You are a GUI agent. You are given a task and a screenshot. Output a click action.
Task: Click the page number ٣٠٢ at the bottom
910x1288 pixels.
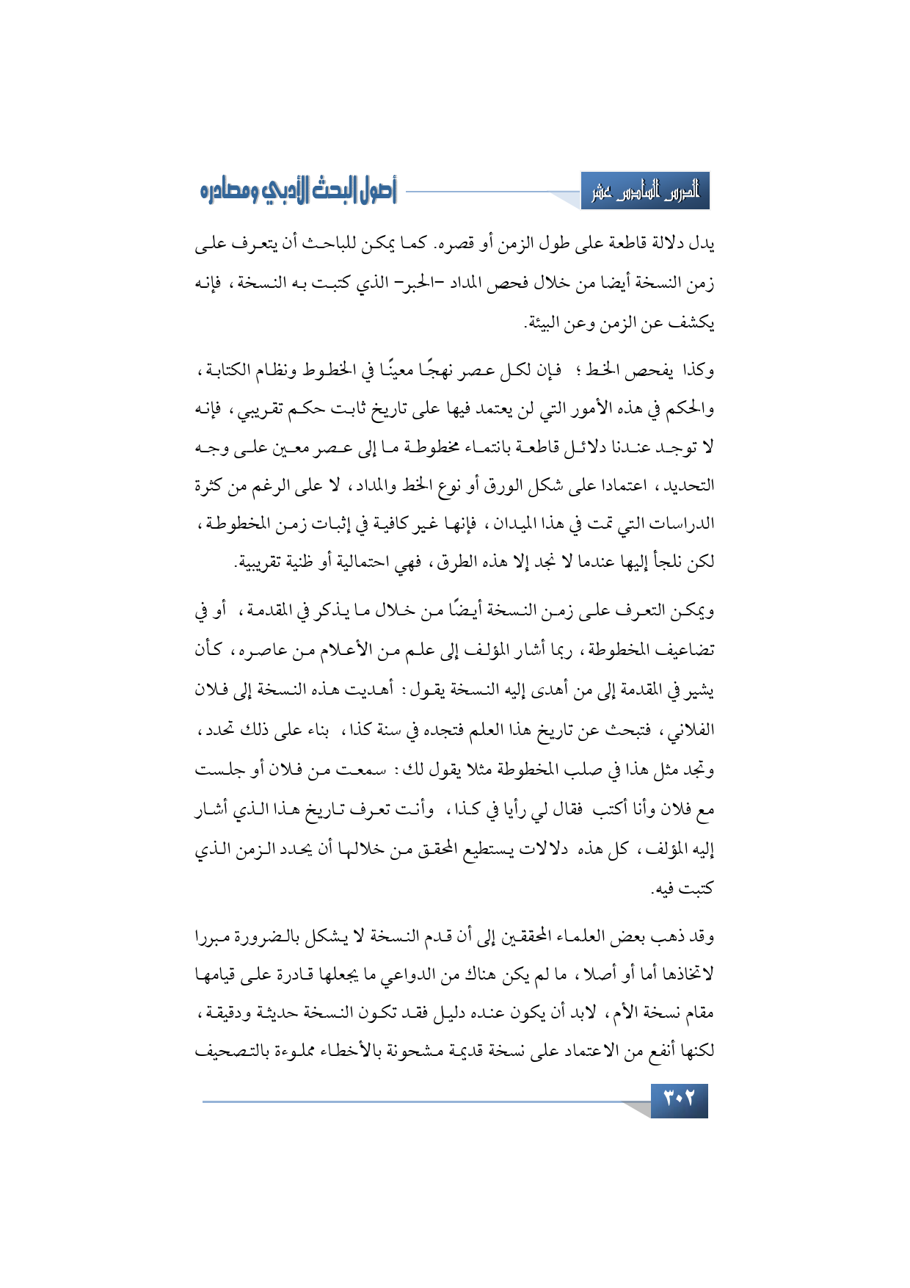[x=679, y=1100]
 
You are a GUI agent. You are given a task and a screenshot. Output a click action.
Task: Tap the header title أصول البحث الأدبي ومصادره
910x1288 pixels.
[x=298, y=192]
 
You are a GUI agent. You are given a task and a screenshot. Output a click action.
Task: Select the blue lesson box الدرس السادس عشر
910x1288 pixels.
[x=646, y=192]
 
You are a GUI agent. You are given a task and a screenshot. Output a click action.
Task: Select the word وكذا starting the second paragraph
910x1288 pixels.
[x=697, y=370]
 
